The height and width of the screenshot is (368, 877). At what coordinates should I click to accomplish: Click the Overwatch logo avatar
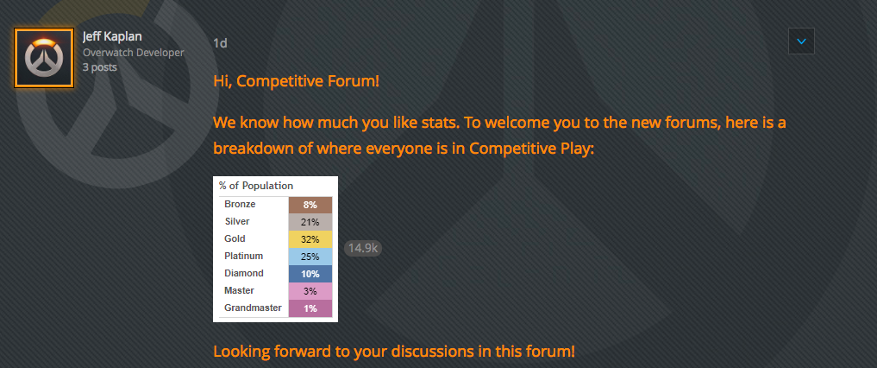44,58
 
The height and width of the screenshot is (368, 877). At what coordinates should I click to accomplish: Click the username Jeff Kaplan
112,36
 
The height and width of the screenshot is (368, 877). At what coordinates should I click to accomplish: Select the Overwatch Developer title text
133,53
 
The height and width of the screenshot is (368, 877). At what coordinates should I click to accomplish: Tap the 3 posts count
100,67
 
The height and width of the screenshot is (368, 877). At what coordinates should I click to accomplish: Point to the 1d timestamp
221,43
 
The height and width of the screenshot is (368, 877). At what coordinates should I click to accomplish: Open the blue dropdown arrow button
801,41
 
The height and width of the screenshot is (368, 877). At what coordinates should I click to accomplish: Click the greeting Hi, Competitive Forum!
297,81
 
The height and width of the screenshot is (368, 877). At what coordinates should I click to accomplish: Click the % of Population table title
256,186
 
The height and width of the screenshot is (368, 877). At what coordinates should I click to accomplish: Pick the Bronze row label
240,205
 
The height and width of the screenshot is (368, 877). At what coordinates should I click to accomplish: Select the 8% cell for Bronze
310,205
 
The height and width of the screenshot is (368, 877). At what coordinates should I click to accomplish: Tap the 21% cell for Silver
310,222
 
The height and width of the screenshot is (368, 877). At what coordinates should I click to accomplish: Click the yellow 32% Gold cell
310,240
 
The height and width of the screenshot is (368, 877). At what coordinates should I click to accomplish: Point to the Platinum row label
244,256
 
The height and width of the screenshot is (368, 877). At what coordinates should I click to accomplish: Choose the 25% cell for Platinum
310,257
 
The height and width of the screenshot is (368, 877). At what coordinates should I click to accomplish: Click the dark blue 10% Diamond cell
310,275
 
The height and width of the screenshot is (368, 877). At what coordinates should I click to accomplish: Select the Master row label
240,291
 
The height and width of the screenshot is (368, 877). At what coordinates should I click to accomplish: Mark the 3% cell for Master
310,292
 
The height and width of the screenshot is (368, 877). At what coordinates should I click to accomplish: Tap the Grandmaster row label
253,308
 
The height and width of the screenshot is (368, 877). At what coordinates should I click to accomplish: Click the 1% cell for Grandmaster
310,308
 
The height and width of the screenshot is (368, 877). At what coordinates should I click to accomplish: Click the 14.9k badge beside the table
363,248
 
